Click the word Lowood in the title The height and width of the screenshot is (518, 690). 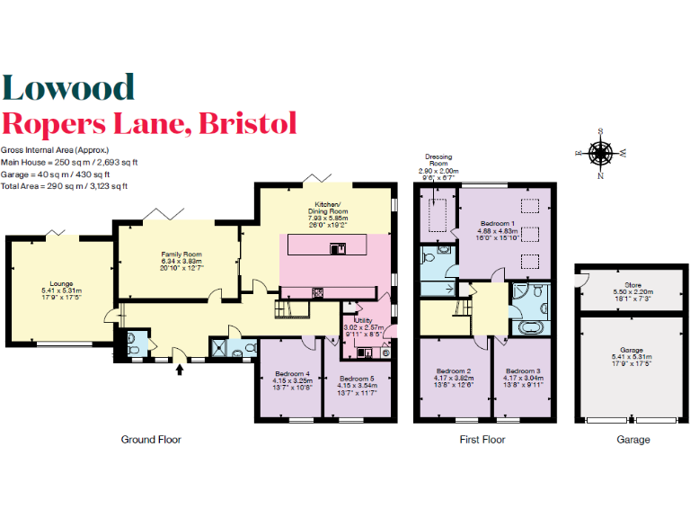tap(68, 87)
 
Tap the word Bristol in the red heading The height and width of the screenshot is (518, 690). tap(249, 122)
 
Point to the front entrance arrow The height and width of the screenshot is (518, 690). tap(180, 367)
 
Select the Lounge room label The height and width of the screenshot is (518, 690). tap(60, 285)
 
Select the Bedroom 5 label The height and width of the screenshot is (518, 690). tap(358, 379)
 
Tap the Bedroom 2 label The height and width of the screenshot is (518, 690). tap(454, 371)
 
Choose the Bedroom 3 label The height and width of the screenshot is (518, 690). tap(522, 371)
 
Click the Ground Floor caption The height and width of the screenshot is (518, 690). tap(151, 440)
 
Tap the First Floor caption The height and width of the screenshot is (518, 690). tap(482, 440)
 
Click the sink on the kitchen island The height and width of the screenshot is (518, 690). tap(337, 248)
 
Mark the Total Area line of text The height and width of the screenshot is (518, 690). tap(64, 186)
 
